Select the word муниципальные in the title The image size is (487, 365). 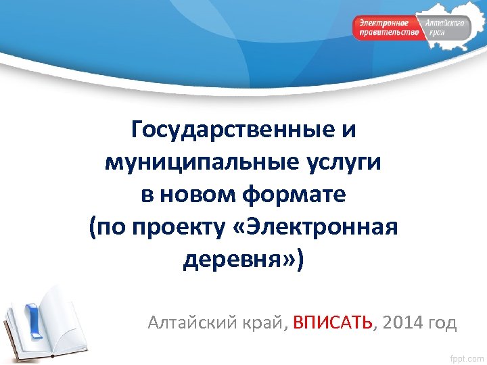pyautogui.click(x=184, y=162)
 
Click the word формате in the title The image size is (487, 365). pyautogui.click(x=291, y=195)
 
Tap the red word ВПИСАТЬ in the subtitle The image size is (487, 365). pyautogui.click(x=333, y=323)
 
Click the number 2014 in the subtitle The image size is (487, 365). pyautogui.click(x=402, y=323)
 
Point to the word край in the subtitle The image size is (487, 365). pyautogui.click(x=265, y=323)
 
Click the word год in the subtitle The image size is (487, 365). pyautogui.click(x=442, y=323)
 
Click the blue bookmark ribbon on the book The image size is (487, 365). pyautogui.click(x=32, y=318)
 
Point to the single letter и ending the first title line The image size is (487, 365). pyautogui.click(x=348, y=128)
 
